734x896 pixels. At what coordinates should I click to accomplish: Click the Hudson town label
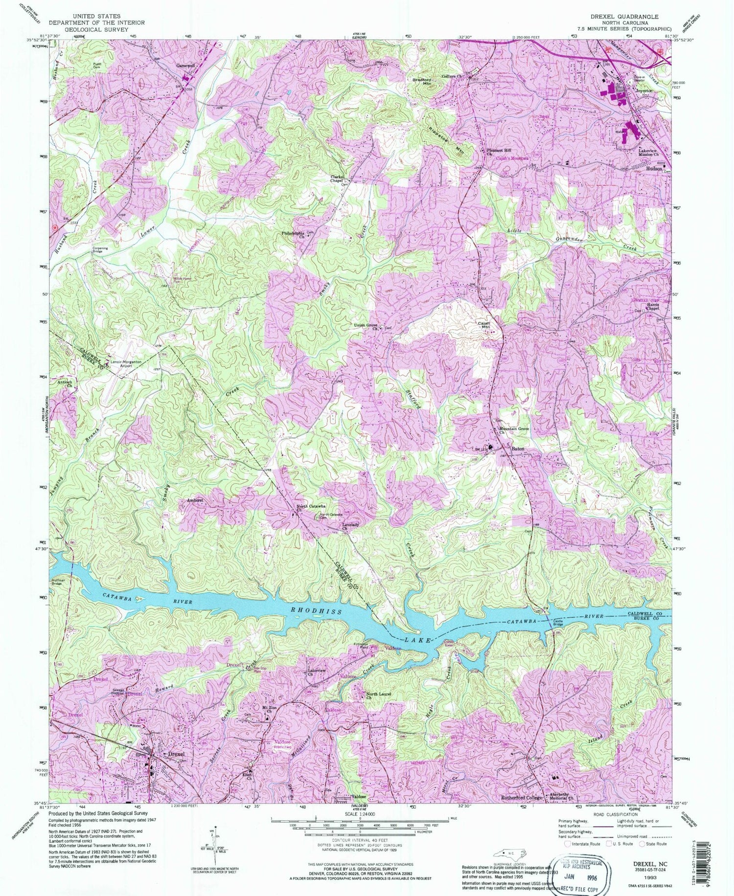pyautogui.click(x=654, y=168)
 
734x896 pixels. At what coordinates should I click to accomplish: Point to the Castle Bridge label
pyautogui.click(x=558, y=624)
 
